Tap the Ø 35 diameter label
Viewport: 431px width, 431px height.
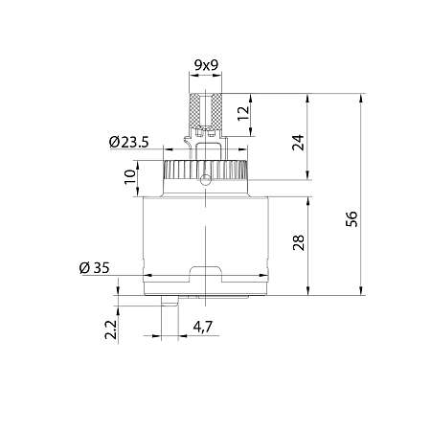point(92,267)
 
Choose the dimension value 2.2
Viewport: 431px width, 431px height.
point(112,330)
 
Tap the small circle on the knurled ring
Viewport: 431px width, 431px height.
point(205,178)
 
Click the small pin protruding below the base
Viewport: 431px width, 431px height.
point(167,303)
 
